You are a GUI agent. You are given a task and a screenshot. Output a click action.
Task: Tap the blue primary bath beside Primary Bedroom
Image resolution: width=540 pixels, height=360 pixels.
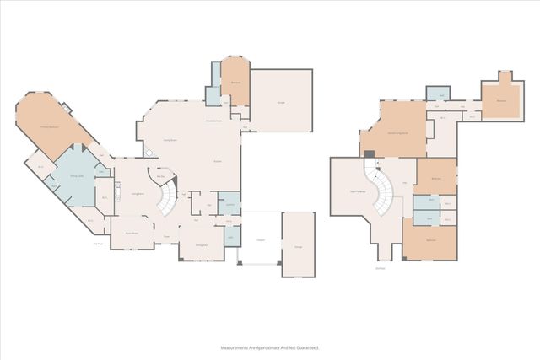pos(75,176)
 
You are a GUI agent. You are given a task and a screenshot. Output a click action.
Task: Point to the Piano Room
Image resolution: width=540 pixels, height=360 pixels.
pos(132,232)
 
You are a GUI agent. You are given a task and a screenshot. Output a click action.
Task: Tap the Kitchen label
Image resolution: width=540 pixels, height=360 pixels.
pos(218,160)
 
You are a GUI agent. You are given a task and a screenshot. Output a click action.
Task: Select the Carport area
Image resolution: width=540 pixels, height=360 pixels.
pos(260,239)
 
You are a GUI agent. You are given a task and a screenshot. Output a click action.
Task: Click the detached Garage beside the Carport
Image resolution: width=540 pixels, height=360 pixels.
pos(297,244)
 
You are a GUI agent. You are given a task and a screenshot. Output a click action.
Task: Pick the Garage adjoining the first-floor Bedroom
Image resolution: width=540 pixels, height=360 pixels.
pos(281,102)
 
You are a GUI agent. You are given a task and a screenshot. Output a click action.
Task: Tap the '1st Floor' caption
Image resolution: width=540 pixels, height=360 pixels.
pos(99,244)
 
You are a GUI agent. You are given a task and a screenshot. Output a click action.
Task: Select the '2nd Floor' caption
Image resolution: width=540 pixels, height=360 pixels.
pos(381,269)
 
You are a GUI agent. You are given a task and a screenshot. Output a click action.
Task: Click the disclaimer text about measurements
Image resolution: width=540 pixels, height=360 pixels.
pos(270,347)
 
